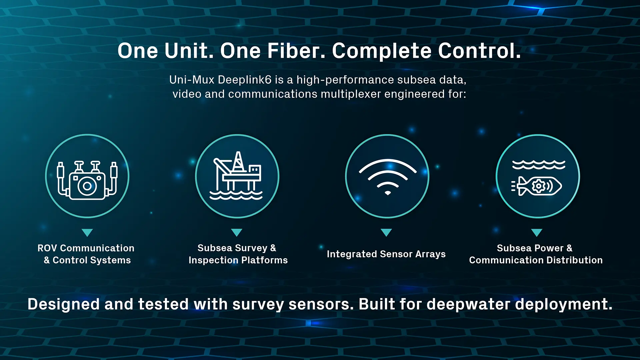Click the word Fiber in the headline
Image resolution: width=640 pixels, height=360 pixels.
[296, 51]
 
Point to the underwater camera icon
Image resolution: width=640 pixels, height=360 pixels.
[87, 180]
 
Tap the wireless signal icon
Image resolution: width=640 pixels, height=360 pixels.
[387, 177]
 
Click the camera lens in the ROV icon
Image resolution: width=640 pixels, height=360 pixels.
[87, 186]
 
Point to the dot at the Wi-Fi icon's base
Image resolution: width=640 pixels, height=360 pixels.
[388, 193]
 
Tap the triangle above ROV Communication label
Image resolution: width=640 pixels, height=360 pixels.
[87, 232]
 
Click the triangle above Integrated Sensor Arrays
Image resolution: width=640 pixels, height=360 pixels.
[386, 232]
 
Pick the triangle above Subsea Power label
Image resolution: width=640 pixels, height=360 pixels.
[537, 232]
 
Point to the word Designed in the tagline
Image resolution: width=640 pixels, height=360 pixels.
[64, 305]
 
